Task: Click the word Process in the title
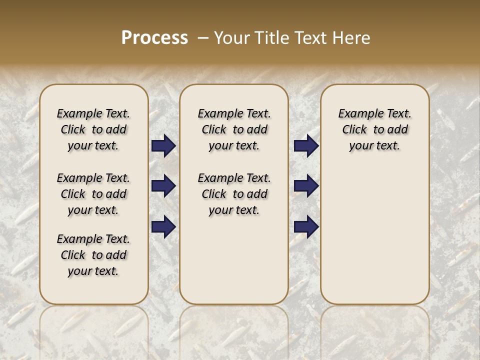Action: (154, 38)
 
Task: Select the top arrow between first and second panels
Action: (163, 146)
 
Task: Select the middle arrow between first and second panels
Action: (163, 186)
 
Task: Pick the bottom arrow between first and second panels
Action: (163, 226)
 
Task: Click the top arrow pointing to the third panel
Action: (306, 146)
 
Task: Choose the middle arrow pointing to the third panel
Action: (306, 186)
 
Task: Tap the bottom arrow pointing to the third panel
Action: (306, 226)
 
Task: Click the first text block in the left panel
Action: (93, 129)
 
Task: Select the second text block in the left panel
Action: (93, 194)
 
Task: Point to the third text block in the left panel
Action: (93, 255)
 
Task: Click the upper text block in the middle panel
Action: (234, 129)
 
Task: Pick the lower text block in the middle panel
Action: (234, 194)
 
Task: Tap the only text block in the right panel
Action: (374, 129)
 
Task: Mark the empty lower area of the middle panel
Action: (234, 260)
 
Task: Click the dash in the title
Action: (203, 38)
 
